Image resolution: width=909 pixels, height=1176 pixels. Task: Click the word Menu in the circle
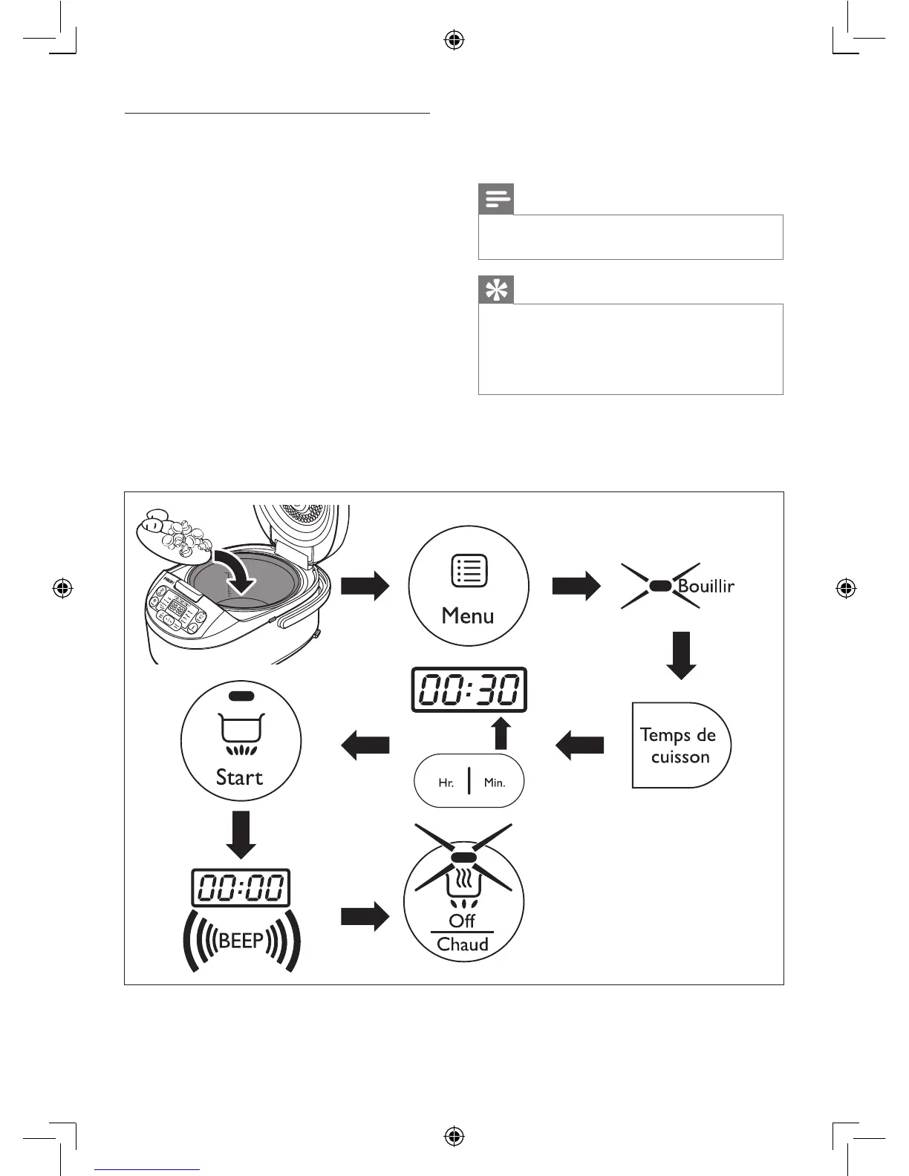coord(468,615)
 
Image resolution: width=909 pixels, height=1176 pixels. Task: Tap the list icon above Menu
coord(469,571)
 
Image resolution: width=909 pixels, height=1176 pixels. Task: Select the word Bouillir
coord(706,586)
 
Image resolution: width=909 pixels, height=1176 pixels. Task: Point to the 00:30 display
coord(469,690)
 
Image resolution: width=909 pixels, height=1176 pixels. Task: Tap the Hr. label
coord(446,783)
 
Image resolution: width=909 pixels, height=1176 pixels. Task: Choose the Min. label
coord(495,783)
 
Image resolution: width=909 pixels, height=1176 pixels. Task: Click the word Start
coord(239,777)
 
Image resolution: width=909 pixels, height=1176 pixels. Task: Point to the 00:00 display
coord(241,887)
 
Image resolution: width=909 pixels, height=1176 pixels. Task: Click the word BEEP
coord(241,941)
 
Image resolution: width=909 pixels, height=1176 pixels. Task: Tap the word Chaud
coord(463,944)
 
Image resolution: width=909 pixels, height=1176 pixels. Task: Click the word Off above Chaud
coord(462,921)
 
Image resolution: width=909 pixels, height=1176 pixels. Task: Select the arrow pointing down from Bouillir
coord(681,655)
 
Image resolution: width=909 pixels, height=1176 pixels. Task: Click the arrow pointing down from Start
coord(241,834)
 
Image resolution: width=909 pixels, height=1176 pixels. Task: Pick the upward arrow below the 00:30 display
coord(501,733)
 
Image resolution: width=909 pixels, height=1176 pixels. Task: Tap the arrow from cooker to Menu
coord(365,586)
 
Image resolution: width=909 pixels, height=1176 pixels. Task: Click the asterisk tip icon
coord(496,290)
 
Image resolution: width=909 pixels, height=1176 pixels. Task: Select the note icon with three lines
coord(496,200)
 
